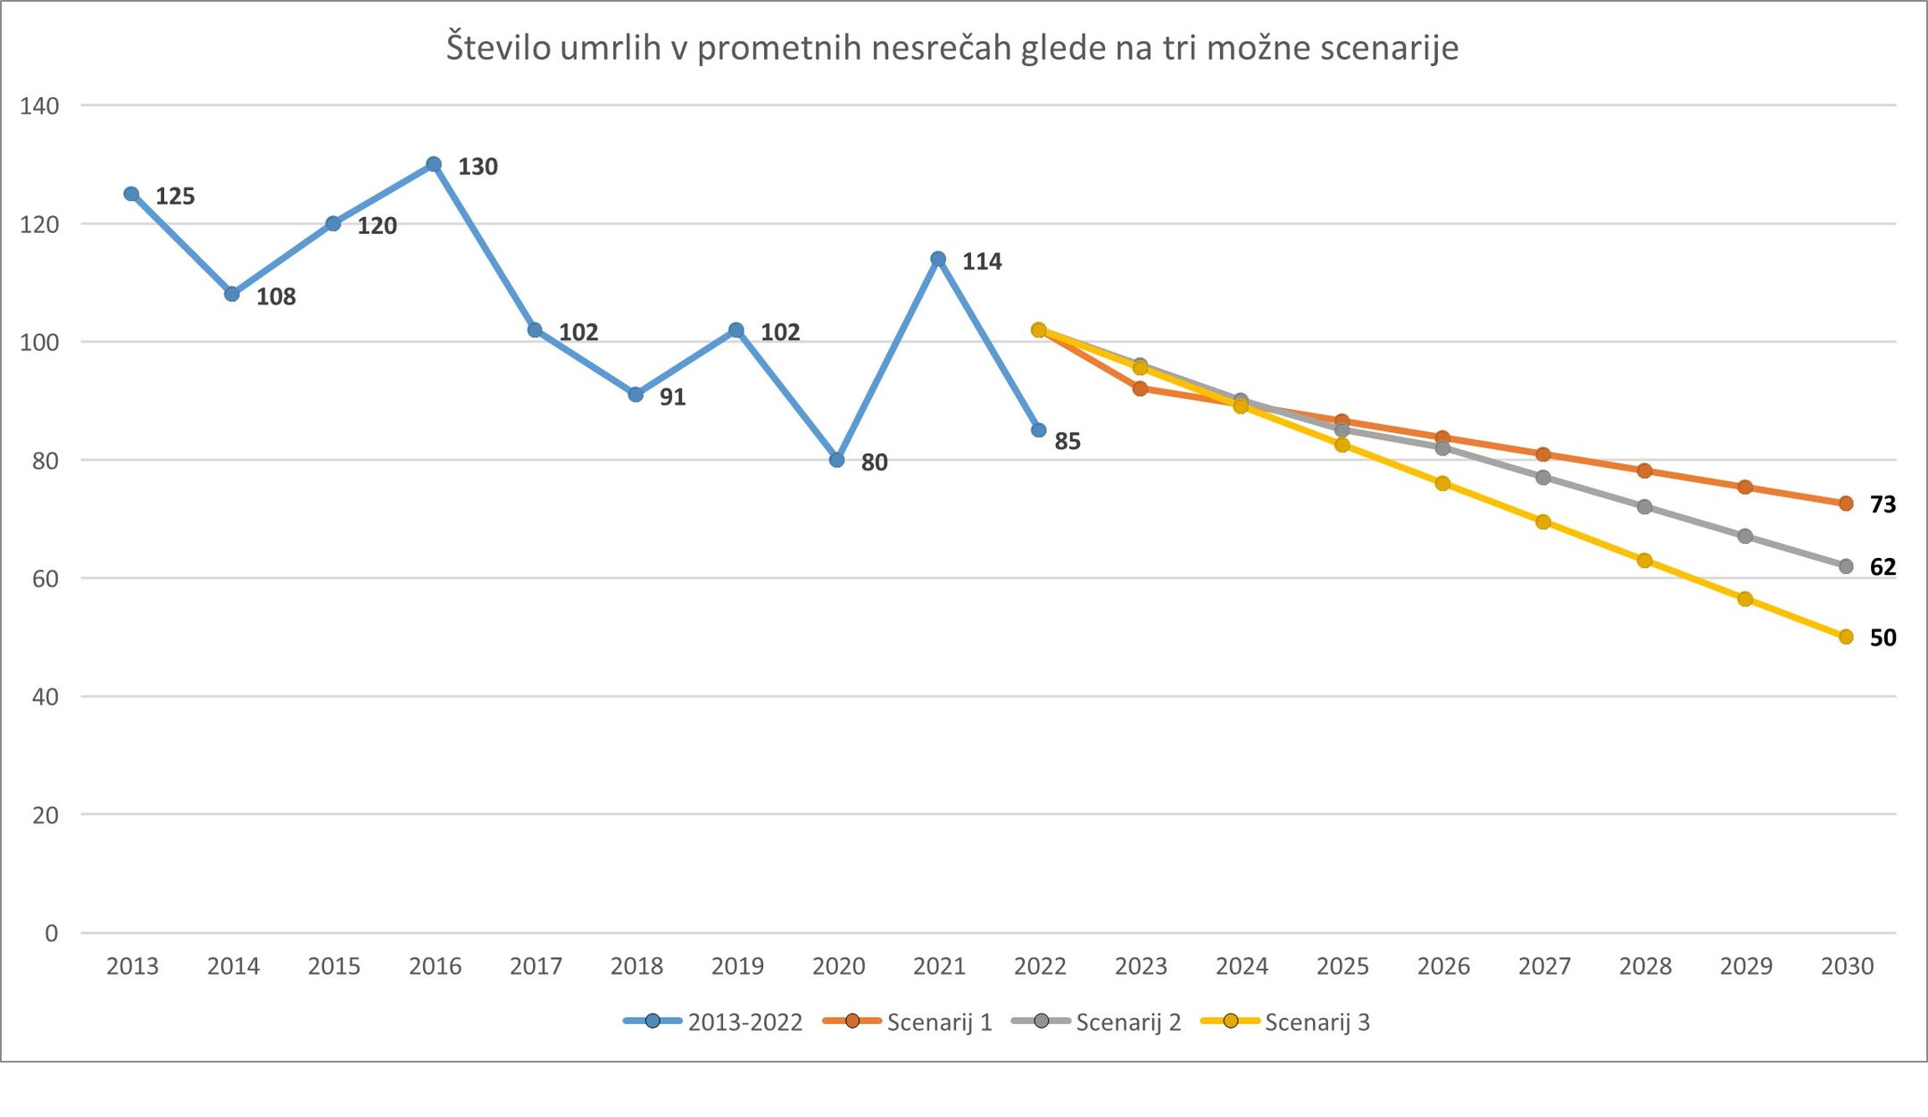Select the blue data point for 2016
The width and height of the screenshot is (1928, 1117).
point(434,164)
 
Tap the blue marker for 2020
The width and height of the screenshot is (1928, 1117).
point(836,460)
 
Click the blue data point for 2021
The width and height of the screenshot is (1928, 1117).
point(938,259)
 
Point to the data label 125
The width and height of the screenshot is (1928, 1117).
point(175,196)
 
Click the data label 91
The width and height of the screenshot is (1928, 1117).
point(672,397)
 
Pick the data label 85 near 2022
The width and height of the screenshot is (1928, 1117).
point(1068,441)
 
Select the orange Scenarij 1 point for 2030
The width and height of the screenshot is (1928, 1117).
point(1846,504)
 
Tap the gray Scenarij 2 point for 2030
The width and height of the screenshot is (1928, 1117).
point(1846,566)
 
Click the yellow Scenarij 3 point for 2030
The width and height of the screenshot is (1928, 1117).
point(1846,637)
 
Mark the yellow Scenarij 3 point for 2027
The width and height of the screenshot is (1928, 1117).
point(1543,521)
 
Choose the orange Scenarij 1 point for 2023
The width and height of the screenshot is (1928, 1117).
point(1140,388)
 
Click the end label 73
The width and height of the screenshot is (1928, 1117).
point(1882,504)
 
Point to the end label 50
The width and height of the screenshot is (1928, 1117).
point(1882,638)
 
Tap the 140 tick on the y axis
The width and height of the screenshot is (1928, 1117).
point(39,106)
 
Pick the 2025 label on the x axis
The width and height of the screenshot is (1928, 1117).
point(1342,966)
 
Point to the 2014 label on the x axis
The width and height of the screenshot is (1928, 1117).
point(233,966)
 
